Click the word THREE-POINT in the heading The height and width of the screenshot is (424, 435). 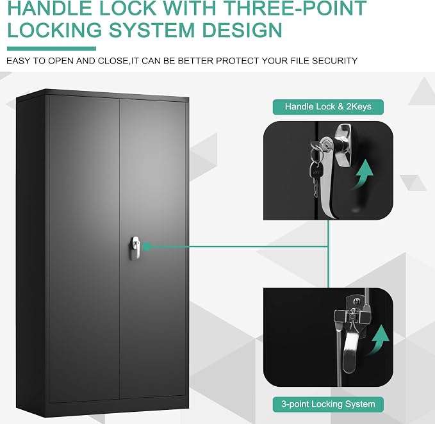click(294, 8)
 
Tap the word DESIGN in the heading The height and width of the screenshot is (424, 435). click(242, 30)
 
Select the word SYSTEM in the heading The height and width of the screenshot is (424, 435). click(152, 30)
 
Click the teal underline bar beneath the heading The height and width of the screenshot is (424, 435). click(52, 49)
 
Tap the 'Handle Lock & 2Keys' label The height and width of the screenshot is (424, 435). click(328, 107)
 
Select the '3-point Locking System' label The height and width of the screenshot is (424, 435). click(328, 404)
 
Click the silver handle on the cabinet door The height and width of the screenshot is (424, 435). click(135, 248)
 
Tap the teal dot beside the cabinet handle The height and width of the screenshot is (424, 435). click(147, 247)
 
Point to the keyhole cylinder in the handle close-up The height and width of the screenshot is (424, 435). click(325, 145)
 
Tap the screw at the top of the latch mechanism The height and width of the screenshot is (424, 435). click(355, 300)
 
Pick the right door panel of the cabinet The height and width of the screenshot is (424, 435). click(153, 250)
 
